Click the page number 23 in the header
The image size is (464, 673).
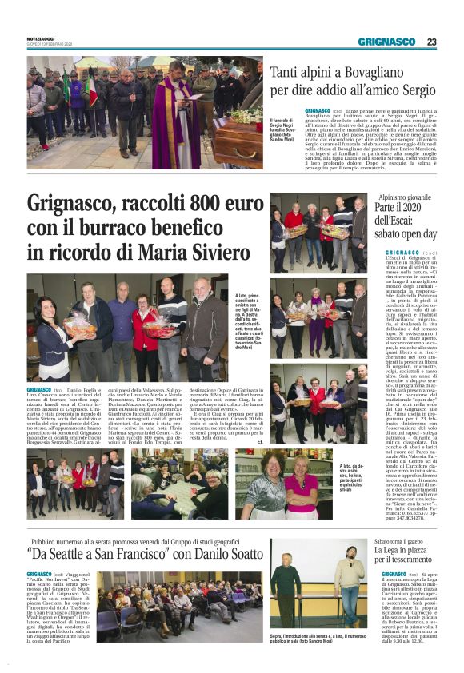click(431, 42)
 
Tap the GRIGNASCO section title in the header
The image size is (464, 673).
click(386, 42)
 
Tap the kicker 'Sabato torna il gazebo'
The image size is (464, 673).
click(402, 541)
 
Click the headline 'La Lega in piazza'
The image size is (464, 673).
click(408, 551)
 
